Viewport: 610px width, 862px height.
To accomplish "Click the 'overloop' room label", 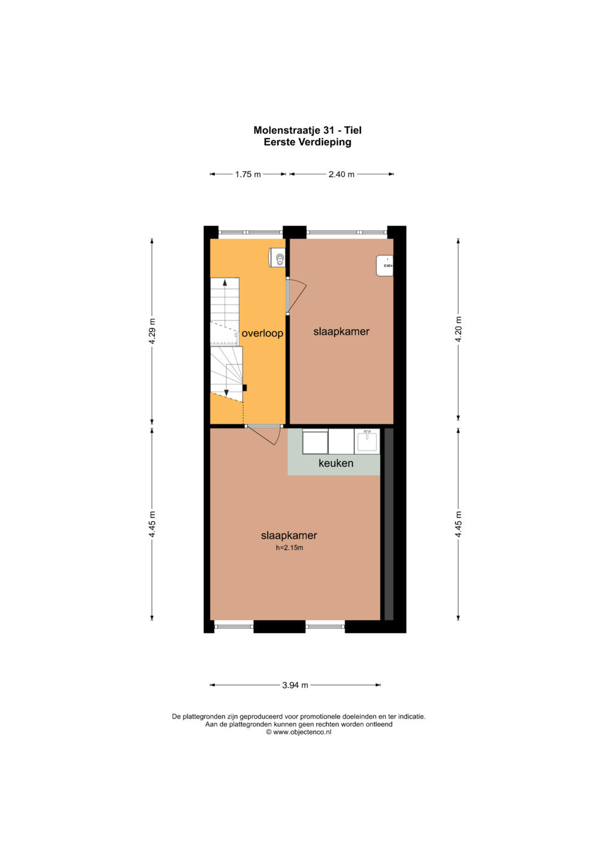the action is (262, 333).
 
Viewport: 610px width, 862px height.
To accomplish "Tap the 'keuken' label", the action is (336, 463).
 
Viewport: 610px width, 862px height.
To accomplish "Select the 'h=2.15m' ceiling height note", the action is (289, 548).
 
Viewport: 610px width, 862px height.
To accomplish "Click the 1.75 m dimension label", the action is (248, 174).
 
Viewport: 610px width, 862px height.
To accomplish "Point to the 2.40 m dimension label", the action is (341, 174).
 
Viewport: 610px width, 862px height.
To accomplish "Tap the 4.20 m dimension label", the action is (458, 329).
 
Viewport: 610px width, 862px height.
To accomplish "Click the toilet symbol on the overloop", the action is (277, 257).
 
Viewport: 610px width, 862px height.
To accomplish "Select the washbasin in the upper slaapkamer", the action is (385, 265).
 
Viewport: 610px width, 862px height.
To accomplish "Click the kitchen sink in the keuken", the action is (367, 441).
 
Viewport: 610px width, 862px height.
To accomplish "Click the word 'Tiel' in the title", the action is (353, 130).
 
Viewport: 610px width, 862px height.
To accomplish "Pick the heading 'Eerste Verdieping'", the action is (307, 142).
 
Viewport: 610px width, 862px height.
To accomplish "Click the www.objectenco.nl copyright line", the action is (298, 732).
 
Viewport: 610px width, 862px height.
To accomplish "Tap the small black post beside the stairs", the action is (244, 388).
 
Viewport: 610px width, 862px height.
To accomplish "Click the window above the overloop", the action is (251, 233).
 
